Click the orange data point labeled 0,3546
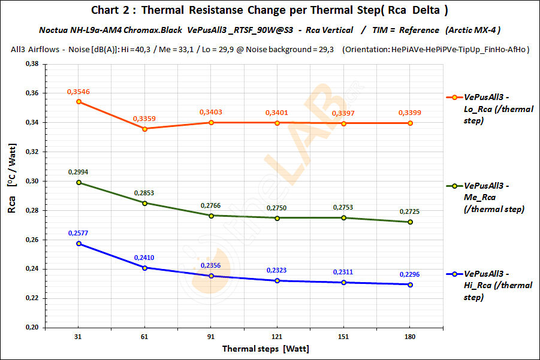[x=79, y=102]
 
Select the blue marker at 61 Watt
[x=145, y=268]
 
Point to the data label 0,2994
[x=79, y=172]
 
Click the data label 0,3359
[x=144, y=119]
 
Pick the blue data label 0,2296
[x=410, y=275]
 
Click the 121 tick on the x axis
[x=277, y=337]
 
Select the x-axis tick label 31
[x=79, y=337]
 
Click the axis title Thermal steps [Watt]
[x=266, y=348]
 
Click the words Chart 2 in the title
[x=112, y=10]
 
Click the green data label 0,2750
[x=277, y=208]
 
